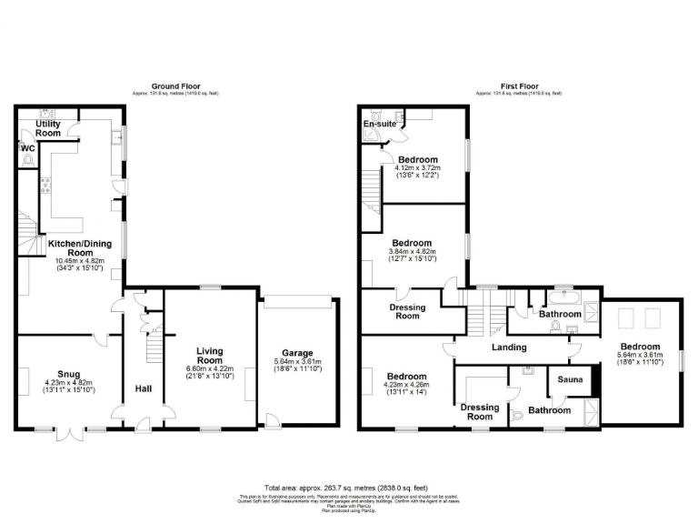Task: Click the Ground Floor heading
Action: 174,87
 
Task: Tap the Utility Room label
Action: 48,128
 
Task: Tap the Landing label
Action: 509,348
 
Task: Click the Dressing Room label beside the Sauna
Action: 480,411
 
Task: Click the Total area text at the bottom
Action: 349,488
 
